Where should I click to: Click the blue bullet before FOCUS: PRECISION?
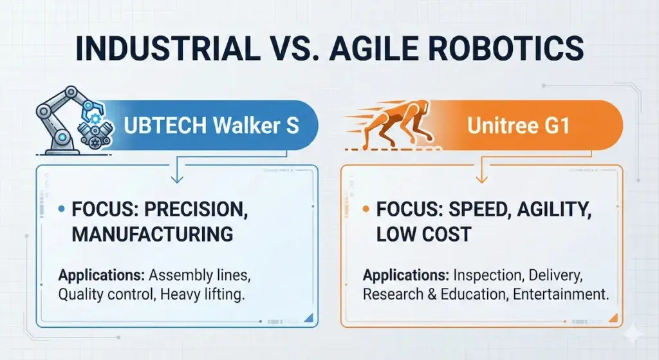click(61, 209)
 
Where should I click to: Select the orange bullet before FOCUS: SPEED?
click(366, 209)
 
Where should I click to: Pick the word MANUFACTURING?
click(152, 234)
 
